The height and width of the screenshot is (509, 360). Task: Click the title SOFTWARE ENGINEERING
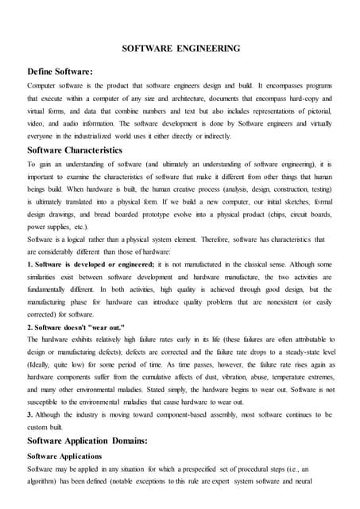(180, 49)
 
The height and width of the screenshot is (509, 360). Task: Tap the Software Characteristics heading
(75, 149)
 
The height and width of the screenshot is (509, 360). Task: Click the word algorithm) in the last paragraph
(45, 481)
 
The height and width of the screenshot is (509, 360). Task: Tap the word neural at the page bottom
(326, 481)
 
